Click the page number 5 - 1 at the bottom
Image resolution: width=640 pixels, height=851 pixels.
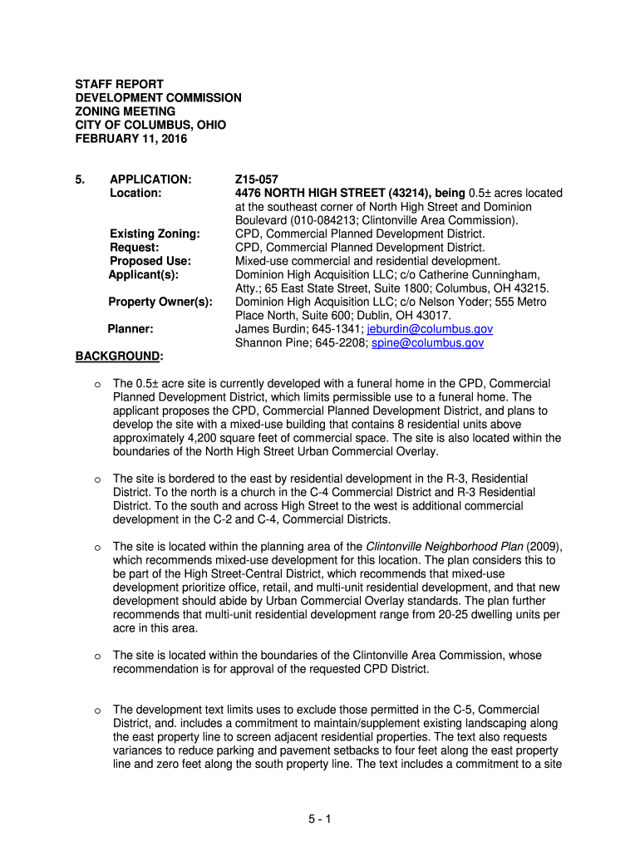(x=319, y=820)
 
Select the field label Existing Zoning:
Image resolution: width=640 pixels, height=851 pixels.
(x=155, y=234)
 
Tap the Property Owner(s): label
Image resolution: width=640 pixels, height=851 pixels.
(x=161, y=302)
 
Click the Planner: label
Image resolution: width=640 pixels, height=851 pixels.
(x=130, y=329)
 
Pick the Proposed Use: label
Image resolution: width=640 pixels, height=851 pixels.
(x=150, y=261)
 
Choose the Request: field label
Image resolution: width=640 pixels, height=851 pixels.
(x=135, y=247)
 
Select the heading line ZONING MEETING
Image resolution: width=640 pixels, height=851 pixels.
(x=126, y=111)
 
